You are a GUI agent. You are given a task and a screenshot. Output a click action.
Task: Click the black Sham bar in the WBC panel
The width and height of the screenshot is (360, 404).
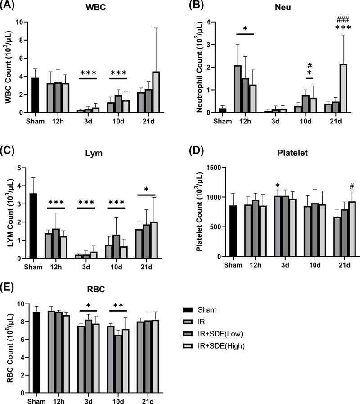pos(34,95)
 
